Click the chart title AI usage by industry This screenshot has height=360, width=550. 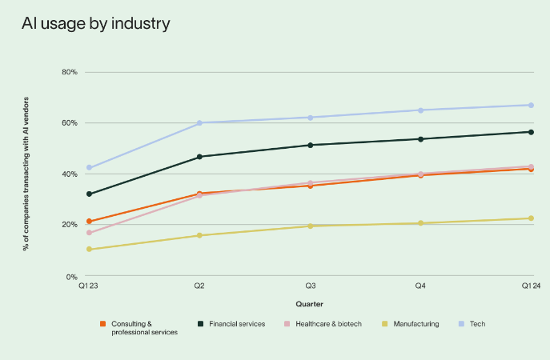point(95,24)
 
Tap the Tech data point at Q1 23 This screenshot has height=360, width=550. point(89,168)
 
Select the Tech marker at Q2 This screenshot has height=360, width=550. point(199,123)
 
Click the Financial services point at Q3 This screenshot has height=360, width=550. point(310,145)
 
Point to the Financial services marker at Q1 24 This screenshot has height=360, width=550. point(531,132)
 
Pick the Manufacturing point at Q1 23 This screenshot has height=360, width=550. point(89,250)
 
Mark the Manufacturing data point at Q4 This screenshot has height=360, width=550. point(420,223)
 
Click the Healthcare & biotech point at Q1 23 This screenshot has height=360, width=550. point(89,233)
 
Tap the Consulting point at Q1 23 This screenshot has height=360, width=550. point(89,222)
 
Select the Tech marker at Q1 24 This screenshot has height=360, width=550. point(531,105)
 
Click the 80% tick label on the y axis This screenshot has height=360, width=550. point(69,72)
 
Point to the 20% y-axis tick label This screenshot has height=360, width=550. point(69,225)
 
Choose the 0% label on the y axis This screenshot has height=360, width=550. point(71,276)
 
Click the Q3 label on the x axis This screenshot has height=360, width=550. point(310,286)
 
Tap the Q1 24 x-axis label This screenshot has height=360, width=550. point(531,286)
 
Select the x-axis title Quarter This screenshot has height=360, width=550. point(309,304)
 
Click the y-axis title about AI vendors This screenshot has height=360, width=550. point(26,174)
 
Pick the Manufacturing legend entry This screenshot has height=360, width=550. point(410,324)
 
